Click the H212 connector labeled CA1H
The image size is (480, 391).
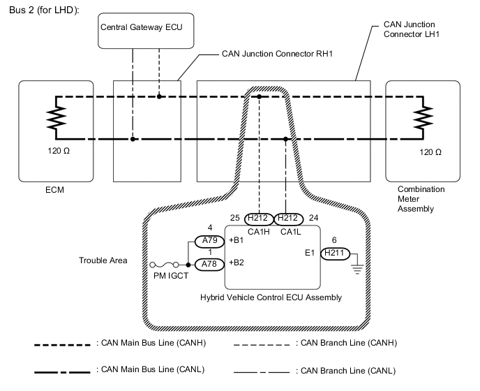point(259,218)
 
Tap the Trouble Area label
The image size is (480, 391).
point(103,260)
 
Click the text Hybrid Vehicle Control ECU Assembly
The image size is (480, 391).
point(271,297)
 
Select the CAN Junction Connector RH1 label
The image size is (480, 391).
point(275,53)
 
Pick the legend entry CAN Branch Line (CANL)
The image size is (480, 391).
point(347,370)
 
